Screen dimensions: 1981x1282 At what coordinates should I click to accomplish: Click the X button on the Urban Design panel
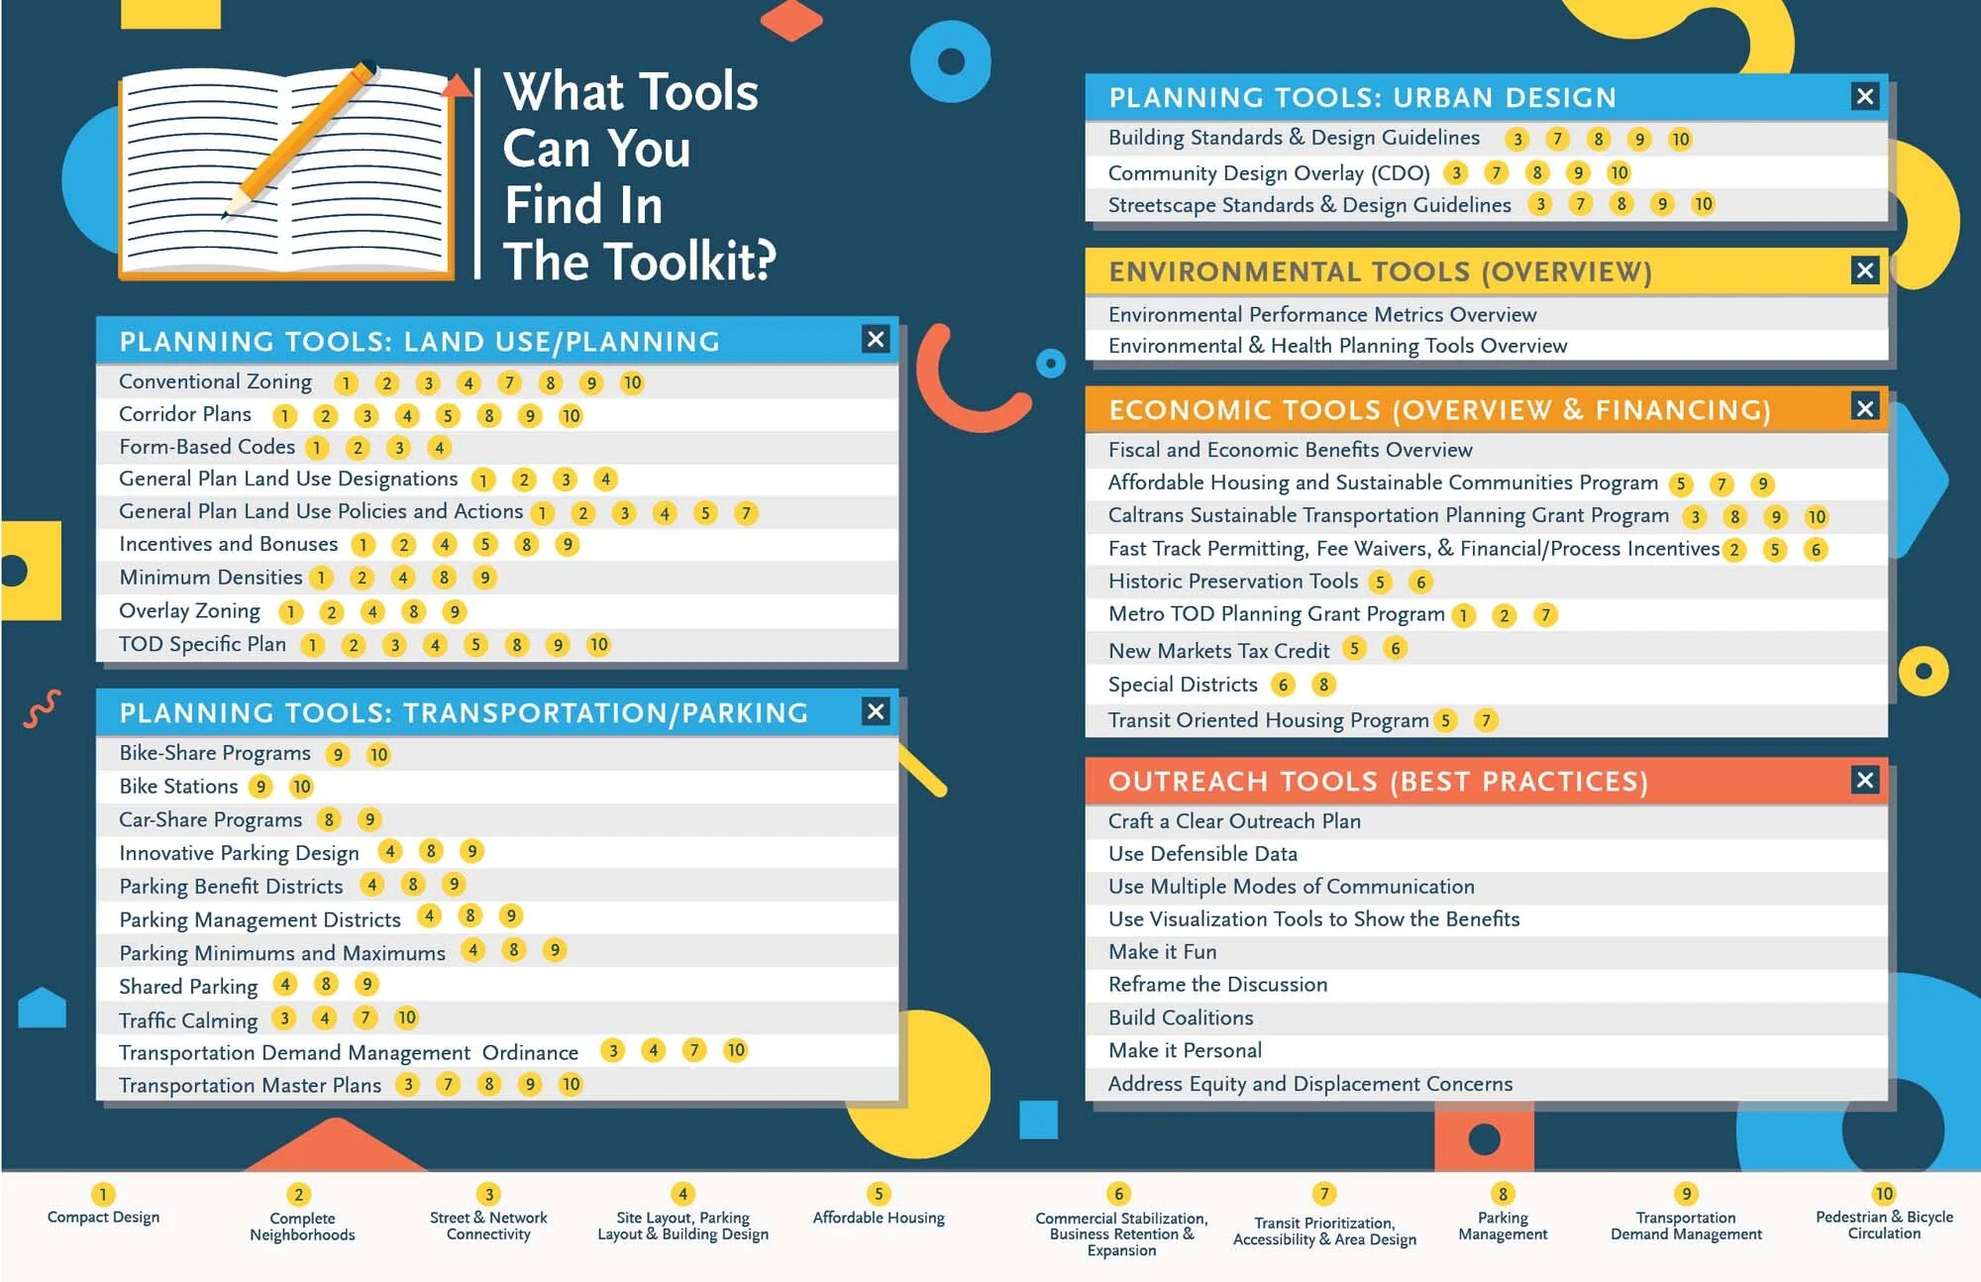point(1865,96)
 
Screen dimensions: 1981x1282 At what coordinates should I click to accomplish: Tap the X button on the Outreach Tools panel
point(1865,780)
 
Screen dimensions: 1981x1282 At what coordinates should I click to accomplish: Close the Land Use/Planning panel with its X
point(876,340)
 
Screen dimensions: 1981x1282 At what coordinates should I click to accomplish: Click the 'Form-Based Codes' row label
point(207,447)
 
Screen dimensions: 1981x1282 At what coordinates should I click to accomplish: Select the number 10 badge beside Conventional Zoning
point(632,382)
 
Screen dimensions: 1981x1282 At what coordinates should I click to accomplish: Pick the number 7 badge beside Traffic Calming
point(365,1017)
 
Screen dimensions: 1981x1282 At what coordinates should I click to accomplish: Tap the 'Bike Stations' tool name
point(178,787)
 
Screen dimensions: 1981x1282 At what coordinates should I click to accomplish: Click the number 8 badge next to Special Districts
point(1323,685)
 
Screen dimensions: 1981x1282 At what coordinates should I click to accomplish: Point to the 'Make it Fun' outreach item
point(1163,952)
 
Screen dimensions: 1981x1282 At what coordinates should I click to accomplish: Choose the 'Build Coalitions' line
point(1181,1017)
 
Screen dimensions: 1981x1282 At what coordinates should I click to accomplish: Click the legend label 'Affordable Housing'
point(879,1218)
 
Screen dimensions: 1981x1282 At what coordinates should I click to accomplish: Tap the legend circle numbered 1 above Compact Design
point(103,1194)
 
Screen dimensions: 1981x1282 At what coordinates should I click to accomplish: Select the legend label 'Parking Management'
point(1503,1226)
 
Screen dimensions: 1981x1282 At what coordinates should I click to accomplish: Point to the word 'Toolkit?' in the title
point(690,262)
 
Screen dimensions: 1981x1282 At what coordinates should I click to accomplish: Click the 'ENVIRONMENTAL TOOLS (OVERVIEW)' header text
point(1380,271)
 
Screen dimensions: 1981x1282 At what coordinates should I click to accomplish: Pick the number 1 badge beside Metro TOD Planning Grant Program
point(1464,615)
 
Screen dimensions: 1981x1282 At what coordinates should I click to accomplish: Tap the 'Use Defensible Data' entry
point(1202,854)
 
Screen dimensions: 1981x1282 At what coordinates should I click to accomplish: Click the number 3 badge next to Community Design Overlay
point(1456,172)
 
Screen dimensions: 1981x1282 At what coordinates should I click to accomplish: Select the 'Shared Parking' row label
point(188,987)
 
